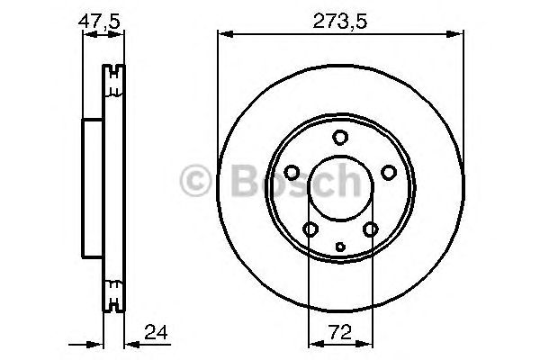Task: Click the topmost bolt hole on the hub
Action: (339, 138)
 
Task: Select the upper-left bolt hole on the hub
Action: (292, 172)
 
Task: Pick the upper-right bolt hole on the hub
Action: (388, 172)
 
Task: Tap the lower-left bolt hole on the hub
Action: (310, 229)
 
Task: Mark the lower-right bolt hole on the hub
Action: (370, 229)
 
